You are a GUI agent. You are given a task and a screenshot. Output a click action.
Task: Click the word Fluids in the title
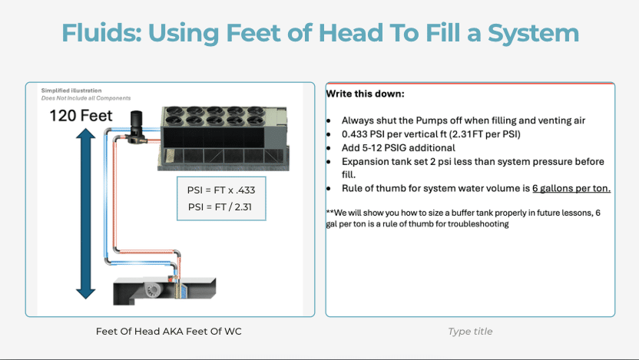pyautogui.click(x=101, y=32)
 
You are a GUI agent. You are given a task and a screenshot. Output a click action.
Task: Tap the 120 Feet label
pyautogui.click(x=81, y=116)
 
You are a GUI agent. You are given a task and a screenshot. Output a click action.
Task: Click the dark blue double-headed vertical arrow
pyautogui.click(x=85, y=213)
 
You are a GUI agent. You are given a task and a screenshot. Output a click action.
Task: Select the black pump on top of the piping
pyautogui.click(x=136, y=127)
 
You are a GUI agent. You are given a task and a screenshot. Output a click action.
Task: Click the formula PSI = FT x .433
pyautogui.click(x=221, y=190)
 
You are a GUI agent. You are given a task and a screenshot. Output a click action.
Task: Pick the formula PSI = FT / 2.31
pyautogui.click(x=220, y=207)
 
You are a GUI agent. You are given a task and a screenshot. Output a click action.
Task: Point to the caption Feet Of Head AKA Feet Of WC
pyautogui.click(x=169, y=332)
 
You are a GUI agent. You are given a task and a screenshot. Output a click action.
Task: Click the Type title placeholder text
pyautogui.click(x=470, y=332)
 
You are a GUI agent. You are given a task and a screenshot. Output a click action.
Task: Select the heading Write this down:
pyautogui.click(x=365, y=94)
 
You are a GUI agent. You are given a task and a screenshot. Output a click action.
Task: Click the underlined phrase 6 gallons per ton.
pyautogui.click(x=571, y=188)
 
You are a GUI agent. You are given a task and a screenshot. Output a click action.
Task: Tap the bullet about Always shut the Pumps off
pyautogui.click(x=463, y=121)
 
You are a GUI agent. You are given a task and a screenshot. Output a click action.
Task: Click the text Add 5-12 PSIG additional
pyautogui.click(x=399, y=148)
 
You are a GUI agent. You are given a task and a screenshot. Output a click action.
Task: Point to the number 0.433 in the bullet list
pyautogui.click(x=356, y=134)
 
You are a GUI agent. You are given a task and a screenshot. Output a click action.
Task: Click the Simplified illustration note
pyautogui.click(x=71, y=91)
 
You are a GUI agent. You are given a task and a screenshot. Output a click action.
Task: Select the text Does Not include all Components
pyautogui.click(x=86, y=98)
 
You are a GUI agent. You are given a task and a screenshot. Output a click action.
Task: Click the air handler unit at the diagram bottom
pyautogui.click(x=164, y=290)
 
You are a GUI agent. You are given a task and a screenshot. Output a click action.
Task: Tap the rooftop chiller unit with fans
pyautogui.click(x=223, y=138)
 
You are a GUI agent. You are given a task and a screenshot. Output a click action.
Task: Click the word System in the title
pyautogui.click(x=534, y=34)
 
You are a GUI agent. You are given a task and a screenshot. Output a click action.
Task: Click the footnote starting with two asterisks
pyautogui.click(x=463, y=218)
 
